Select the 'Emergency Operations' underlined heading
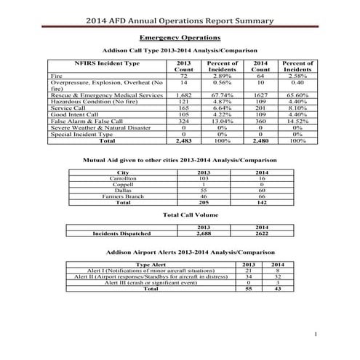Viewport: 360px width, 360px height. pyautogui.click(x=180, y=37)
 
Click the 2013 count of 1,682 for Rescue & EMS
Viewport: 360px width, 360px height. pyautogui.click(x=184, y=95)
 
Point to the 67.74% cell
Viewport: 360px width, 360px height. pyautogui.click(x=219, y=95)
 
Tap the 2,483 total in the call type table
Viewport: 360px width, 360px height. pyautogui.click(x=184, y=140)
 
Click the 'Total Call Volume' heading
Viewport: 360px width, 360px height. pyautogui.click(x=180, y=216)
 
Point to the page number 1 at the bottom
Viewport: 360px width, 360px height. pyautogui.click(x=318, y=334)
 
